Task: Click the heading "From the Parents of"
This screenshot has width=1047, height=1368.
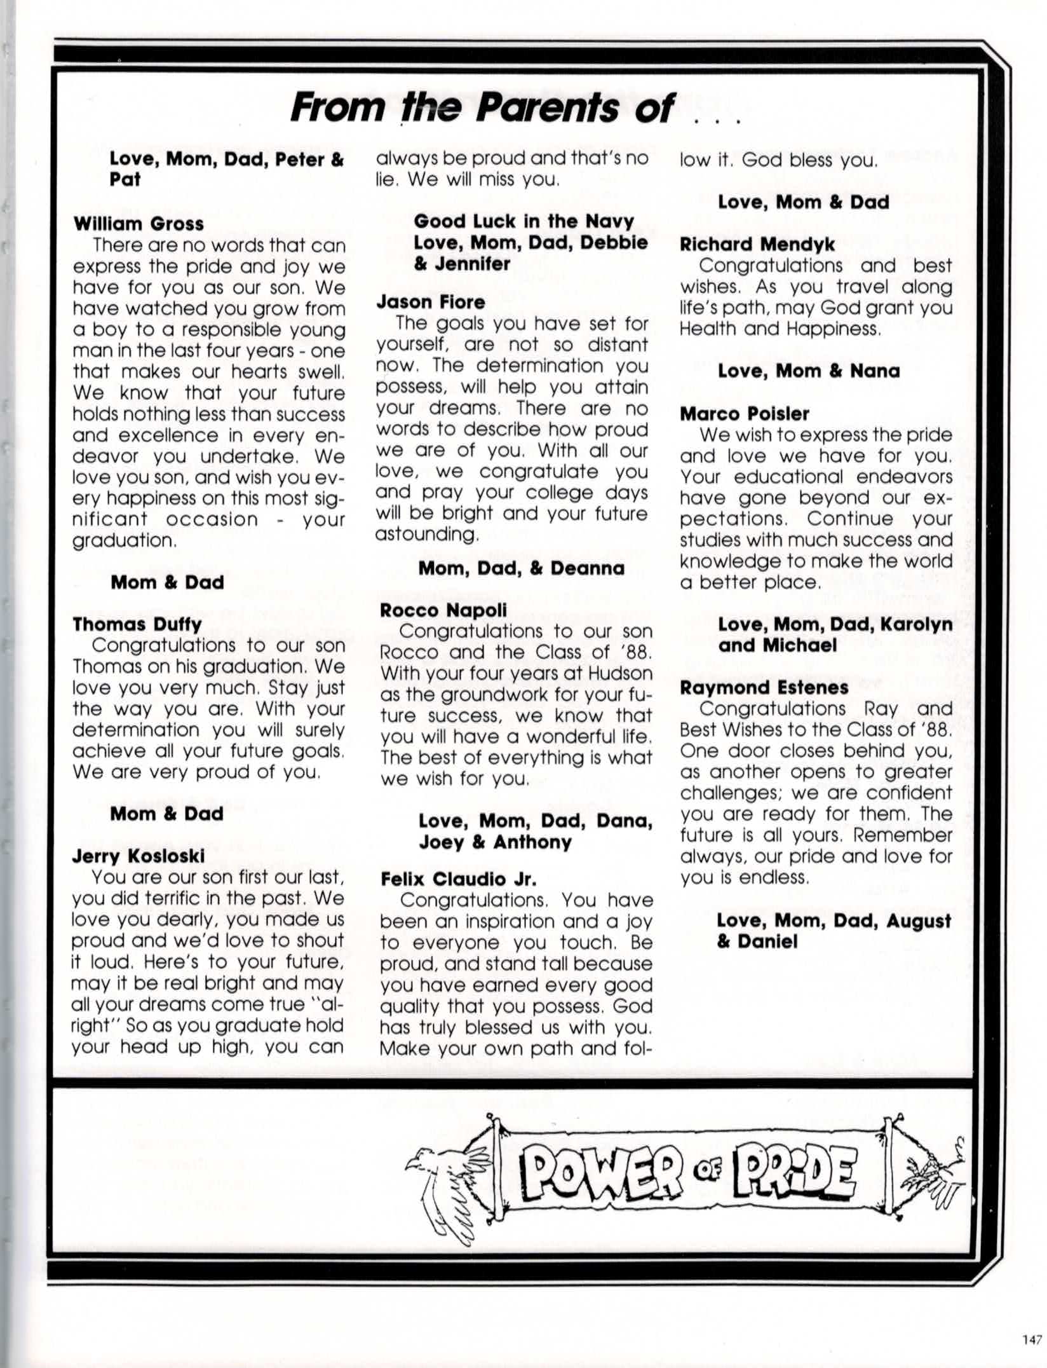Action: tap(483, 107)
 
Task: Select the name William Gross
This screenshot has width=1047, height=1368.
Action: tap(138, 224)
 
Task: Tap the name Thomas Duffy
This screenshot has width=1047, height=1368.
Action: tap(137, 624)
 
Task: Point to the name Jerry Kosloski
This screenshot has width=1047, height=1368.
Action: tap(138, 856)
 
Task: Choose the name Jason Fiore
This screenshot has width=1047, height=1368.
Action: tap(430, 301)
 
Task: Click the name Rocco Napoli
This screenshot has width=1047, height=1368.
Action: tap(443, 610)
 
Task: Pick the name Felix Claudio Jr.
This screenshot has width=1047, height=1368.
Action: tap(458, 879)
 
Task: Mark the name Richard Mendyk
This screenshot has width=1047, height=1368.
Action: tap(757, 244)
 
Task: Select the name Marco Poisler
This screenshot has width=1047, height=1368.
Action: tap(744, 413)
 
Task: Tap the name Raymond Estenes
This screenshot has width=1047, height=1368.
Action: tap(764, 687)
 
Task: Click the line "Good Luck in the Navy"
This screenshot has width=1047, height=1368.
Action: tap(523, 221)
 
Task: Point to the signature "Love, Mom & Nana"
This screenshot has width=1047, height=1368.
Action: tap(808, 371)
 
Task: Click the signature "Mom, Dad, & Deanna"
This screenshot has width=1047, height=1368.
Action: tap(521, 568)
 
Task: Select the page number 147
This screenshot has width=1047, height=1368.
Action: tap(1032, 1340)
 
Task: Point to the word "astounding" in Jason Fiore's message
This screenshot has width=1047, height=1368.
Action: tap(426, 534)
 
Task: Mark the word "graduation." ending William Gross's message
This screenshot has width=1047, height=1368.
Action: tap(124, 540)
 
